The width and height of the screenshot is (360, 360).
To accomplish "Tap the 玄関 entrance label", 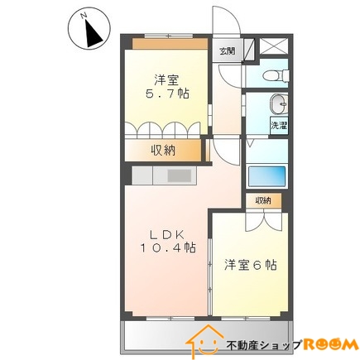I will point(227,50).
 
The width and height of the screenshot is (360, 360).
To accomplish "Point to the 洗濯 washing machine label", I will point(279,126).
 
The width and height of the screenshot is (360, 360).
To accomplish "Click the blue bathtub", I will point(266,177).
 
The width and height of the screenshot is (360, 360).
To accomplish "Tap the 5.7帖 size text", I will point(166,94).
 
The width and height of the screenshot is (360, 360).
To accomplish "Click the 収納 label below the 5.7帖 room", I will point(163,150).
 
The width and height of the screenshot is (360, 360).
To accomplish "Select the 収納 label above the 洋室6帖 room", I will point(263,201).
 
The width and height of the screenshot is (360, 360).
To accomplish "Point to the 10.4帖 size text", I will point(168,247).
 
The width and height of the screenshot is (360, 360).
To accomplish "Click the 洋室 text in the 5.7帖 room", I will point(166,79).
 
